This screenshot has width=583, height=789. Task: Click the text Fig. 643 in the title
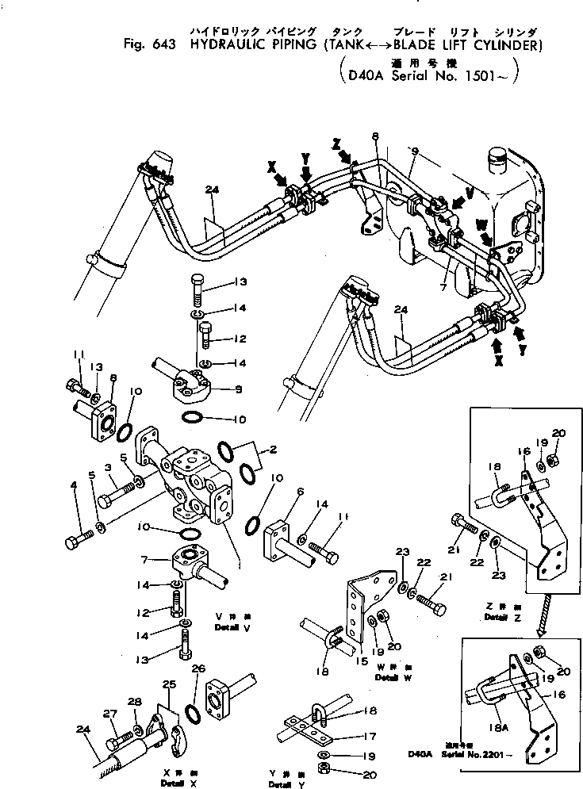(155, 45)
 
